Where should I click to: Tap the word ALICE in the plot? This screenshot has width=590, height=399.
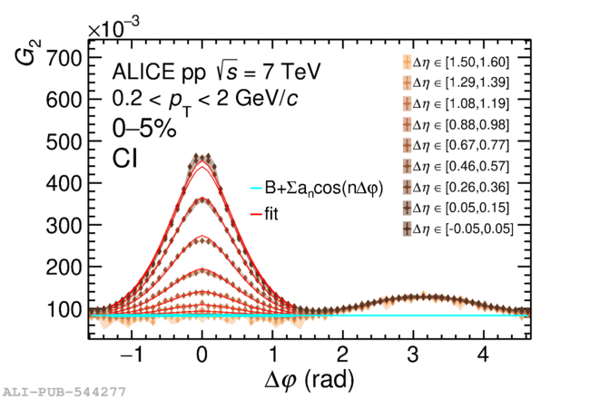point(142,72)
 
